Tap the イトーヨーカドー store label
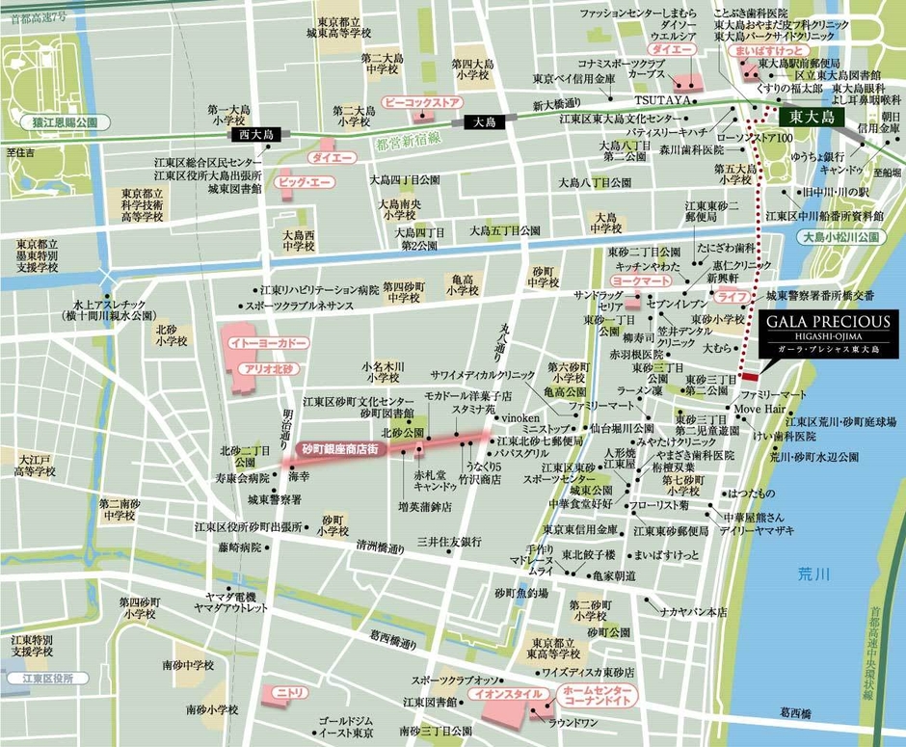pos(254,343)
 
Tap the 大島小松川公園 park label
pos(842,236)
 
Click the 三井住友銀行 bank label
pos(450,543)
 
